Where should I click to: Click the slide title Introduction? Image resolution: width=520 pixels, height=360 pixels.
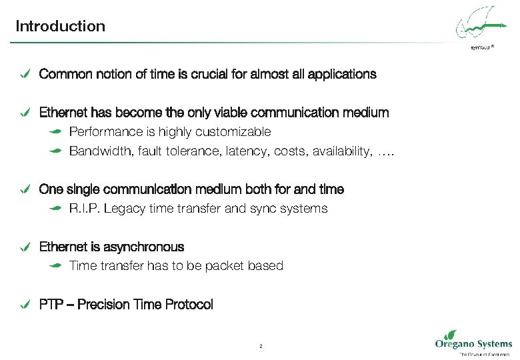click(x=60, y=27)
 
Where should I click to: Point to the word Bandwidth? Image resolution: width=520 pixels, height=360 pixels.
click(x=102, y=152)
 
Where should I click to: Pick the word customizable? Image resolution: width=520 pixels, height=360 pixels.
click(x=237, y=132)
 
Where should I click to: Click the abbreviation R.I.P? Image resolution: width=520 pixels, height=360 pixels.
click(x=84, y=209)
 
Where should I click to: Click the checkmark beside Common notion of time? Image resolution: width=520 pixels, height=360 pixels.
click(x=24, y=74)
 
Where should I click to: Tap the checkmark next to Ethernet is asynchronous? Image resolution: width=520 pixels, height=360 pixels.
click(x=24, y=247)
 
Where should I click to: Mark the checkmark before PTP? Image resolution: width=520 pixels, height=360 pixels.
click(x=24, y=305)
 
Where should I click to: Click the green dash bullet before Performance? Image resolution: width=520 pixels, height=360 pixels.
click(x=56, y=132)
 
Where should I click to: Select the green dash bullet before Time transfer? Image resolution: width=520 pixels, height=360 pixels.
click(x=56, y=266)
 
